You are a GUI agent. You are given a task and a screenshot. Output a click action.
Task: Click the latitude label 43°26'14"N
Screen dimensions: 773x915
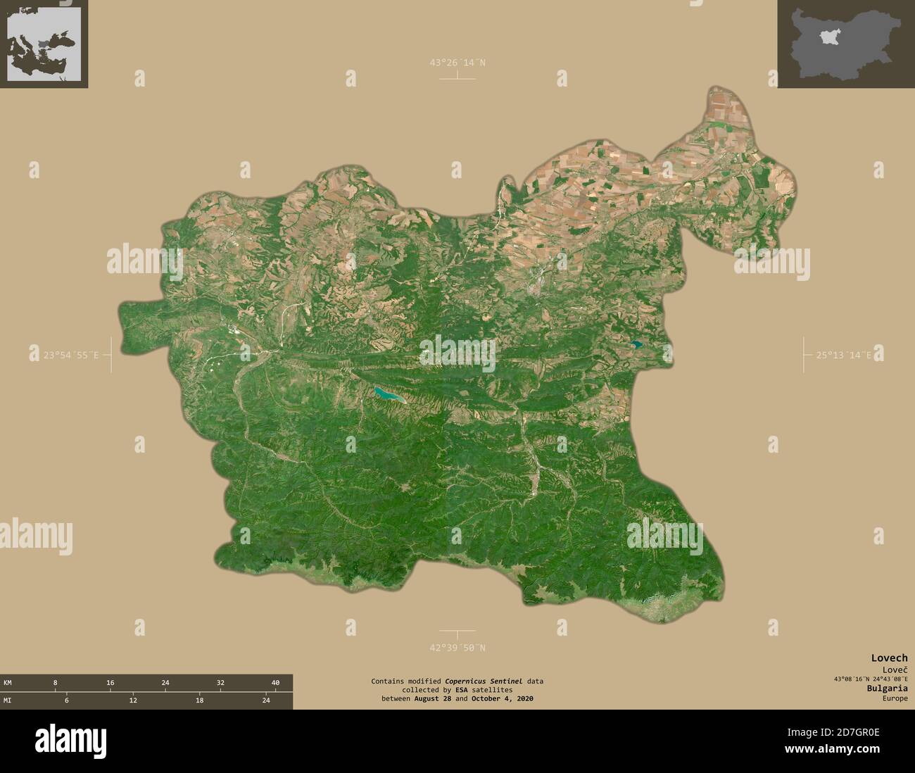coord(458,63)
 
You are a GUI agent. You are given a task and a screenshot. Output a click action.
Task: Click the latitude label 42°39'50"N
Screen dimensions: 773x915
coord(458,648)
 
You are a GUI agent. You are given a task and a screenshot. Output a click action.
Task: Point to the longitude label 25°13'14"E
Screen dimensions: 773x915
coord(844,356)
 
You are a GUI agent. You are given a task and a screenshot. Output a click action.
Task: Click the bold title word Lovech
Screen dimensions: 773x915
coord(889,658)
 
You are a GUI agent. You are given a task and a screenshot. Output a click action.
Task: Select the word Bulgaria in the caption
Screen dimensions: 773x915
coord(888,688)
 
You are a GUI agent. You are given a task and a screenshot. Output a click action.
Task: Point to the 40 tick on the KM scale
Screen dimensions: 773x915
coord(275,683)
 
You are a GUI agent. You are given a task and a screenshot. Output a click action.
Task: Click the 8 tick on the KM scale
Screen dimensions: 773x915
coord(55,683)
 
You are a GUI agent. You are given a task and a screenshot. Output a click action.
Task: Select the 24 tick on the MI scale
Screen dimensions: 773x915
coord(266,700)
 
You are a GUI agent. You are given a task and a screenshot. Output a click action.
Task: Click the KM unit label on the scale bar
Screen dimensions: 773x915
coord(7,683)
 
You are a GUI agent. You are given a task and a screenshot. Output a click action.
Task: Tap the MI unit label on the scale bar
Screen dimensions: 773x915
coord(7,700)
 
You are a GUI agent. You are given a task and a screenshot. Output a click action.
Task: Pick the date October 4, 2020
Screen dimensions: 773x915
coord(503,698)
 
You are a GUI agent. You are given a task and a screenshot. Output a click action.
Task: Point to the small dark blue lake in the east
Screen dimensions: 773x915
coord(636,345)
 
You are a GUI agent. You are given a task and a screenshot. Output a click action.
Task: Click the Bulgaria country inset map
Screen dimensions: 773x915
coord(845,44)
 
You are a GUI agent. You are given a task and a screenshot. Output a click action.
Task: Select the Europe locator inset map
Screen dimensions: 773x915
coord(44,44)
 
